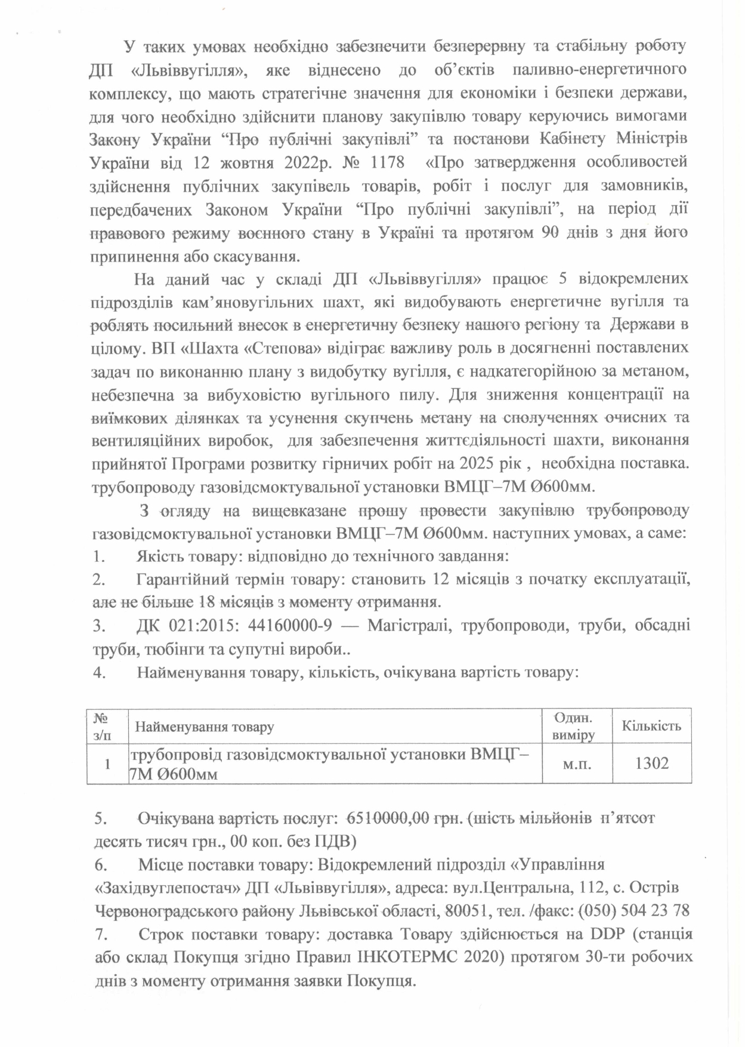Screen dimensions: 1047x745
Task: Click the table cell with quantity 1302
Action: pyautogui.click(x=652, y=763)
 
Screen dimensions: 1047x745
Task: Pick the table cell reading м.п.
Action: pyautogui.click(x=577, y=763)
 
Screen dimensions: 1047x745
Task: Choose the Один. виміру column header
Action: pyautogui.click(x=573, y=726)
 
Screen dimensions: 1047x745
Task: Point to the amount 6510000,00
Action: pyautogui.click(x=381, y=818)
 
